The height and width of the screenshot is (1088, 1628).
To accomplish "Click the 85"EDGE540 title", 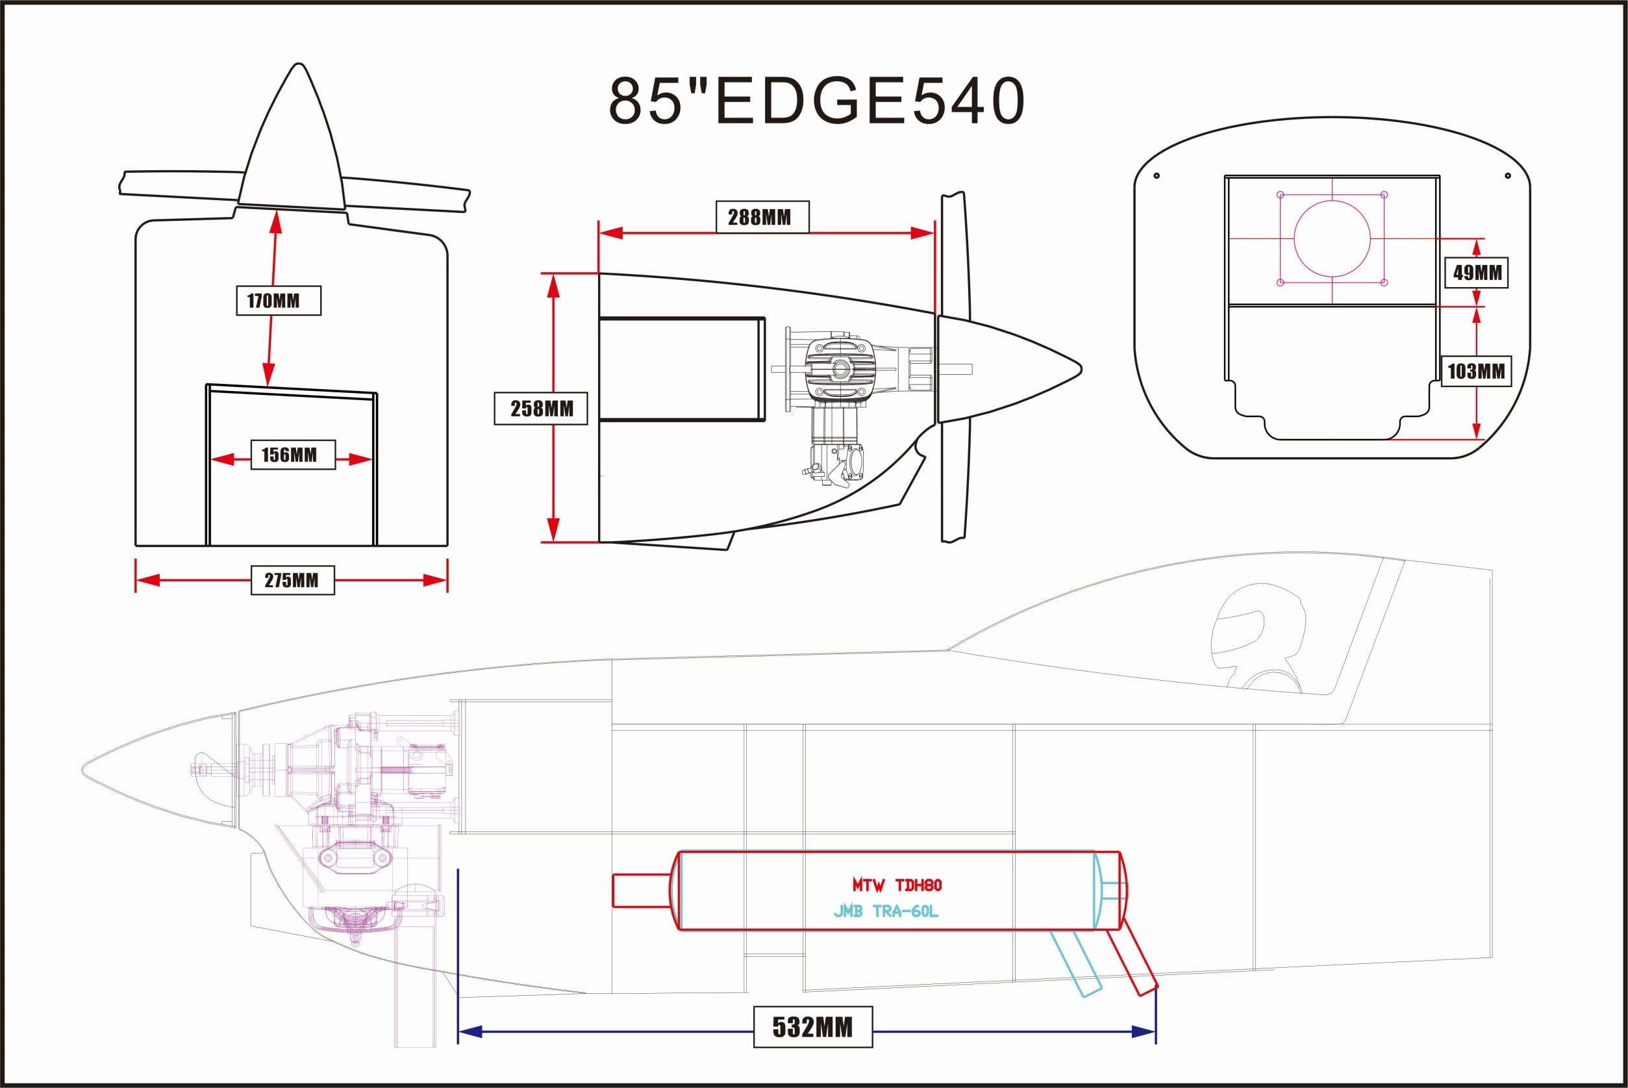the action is [816, 101].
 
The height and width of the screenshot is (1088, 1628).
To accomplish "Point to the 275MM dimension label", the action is [292, 580].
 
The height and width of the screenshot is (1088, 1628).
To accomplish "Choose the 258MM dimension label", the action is [541, 409].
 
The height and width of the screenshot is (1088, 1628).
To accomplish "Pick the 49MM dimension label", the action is [1477, 273].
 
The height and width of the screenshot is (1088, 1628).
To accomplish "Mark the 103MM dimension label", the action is [1475, 372].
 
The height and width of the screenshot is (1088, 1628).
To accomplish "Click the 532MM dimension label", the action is [812, 1027].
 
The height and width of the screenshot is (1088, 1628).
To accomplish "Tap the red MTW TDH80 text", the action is [897, 885].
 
